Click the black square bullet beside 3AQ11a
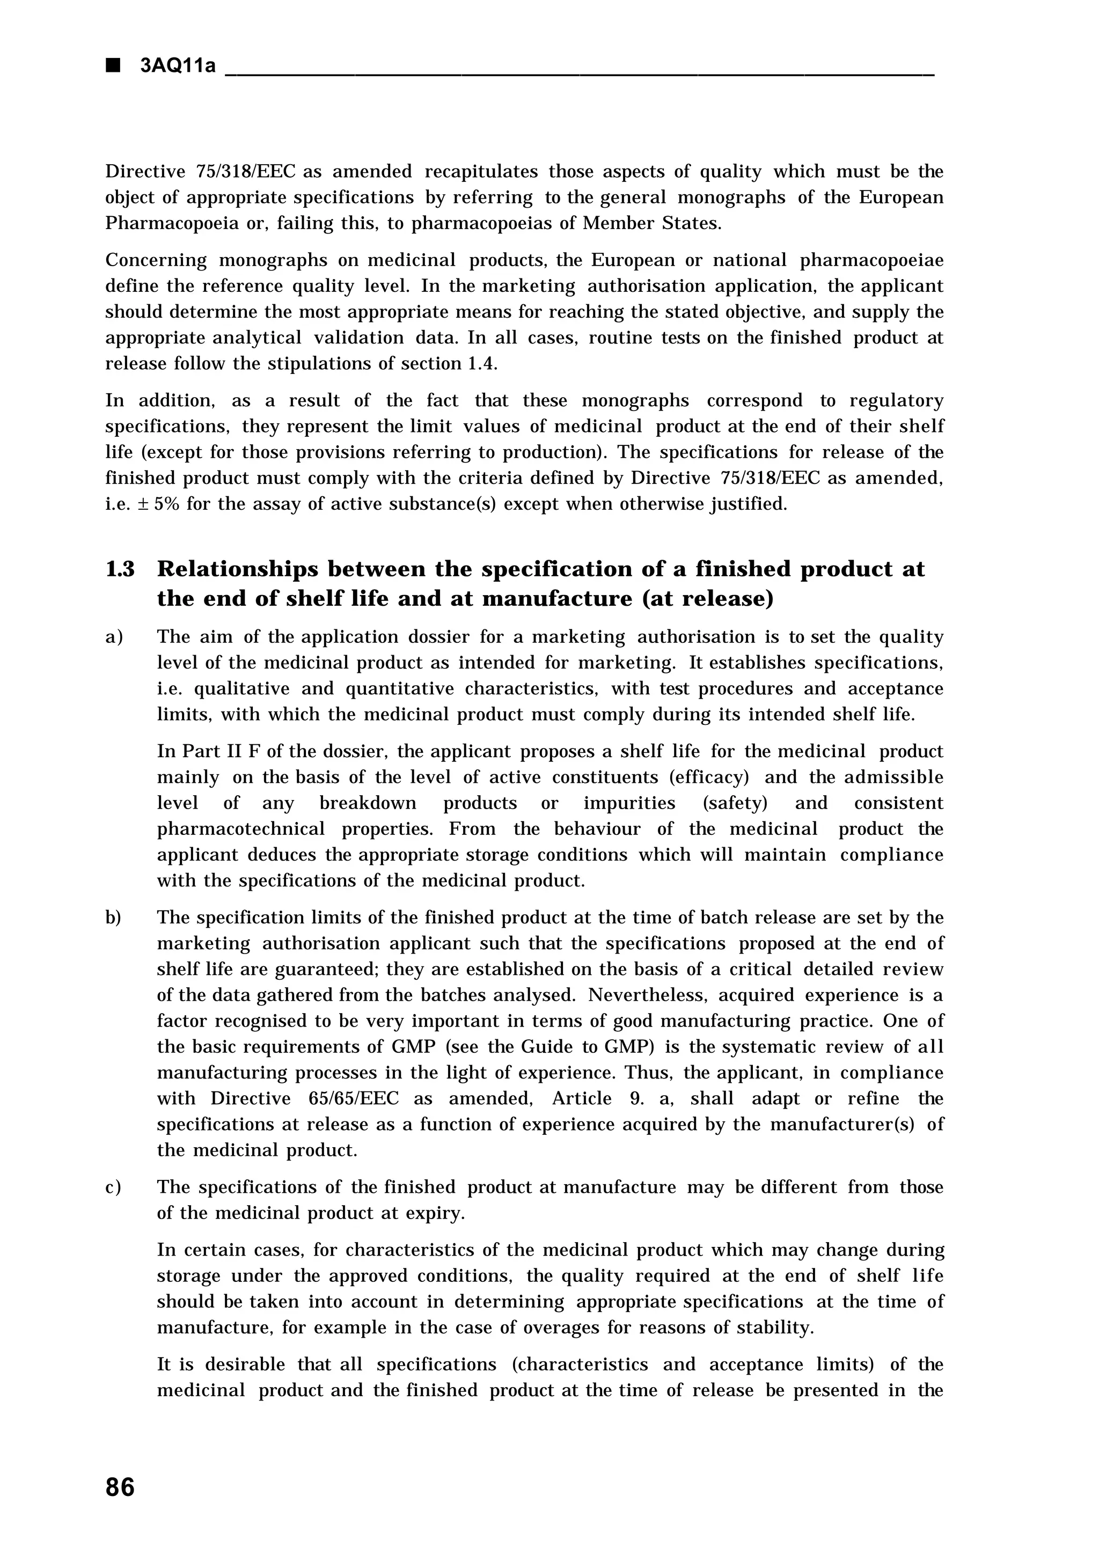pyautogui.click(x=113, y=65)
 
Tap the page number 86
pyautogui.click(x=121, y=1487)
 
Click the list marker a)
pyautogui.click(x=114, y=637)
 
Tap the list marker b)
pyautogui.click(x=114, y=918)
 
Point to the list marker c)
pyautogui.click(x=114, y=1187)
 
